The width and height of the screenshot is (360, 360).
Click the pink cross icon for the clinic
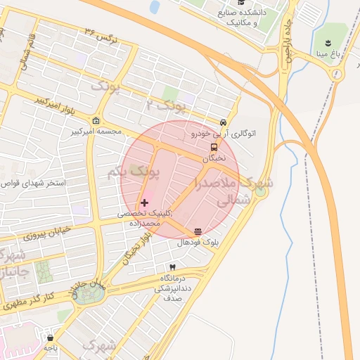[145, 202]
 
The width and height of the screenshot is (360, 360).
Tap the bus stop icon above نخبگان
[213, 148]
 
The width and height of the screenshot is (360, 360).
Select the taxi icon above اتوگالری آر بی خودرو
[224, 122]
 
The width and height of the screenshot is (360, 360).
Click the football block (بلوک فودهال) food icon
[198, 231]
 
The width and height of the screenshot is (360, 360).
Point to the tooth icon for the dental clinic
[172, 268]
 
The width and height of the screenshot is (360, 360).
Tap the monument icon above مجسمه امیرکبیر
[96, 120]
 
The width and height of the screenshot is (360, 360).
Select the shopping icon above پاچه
[49, 337]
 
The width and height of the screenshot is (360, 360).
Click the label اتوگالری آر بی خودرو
[224, 132]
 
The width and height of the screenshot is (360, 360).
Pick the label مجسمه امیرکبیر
[96, 131]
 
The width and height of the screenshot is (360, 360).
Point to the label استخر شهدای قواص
[32, 183]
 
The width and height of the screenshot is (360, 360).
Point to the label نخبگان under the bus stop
[214, 158]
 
